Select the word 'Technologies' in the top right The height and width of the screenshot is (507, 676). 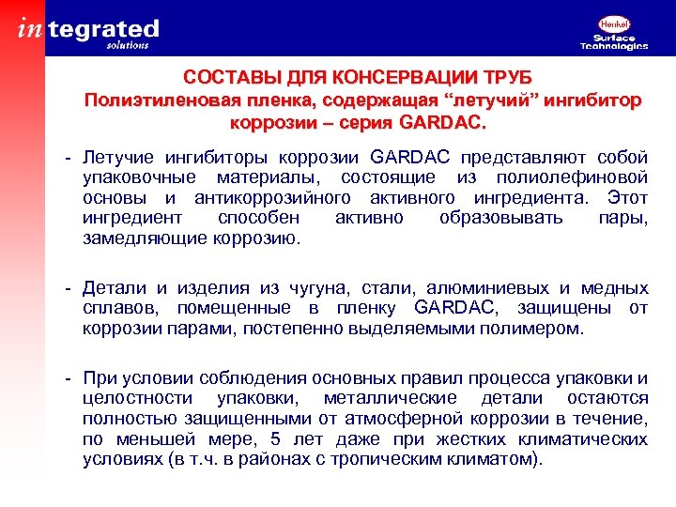click(614, 46)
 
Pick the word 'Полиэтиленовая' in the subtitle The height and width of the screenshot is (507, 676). click(146, 101)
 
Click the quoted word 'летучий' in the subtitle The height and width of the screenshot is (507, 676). click(410, 101)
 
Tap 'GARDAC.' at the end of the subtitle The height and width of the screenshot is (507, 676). click(443, 123)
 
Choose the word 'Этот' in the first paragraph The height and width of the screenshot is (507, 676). click(627, 197)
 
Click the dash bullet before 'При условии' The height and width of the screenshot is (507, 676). click(69, 378)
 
